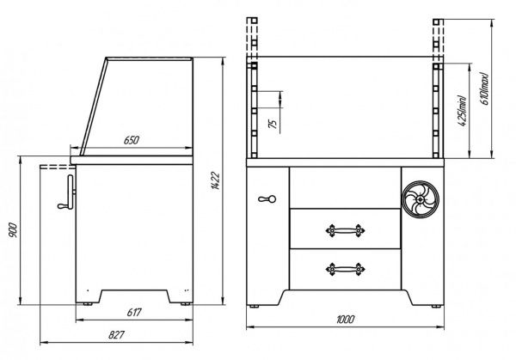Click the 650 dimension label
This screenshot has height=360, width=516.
(x=132, y=140)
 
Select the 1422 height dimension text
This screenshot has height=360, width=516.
(x=215, y=180)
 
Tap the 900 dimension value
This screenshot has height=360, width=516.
(x=13, y=230)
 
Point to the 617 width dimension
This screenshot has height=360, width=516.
(x=134, y=312)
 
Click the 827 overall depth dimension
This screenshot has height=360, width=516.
(x=116, y=335)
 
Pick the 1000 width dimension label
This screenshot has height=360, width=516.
(x=345, y=320)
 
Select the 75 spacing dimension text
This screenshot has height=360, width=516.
(x=273, y=124)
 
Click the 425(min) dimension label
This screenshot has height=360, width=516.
(x=462, y=111)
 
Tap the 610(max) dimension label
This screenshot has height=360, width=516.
(x=484, y=88)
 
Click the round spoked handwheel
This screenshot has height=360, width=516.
(x=421, y=199)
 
